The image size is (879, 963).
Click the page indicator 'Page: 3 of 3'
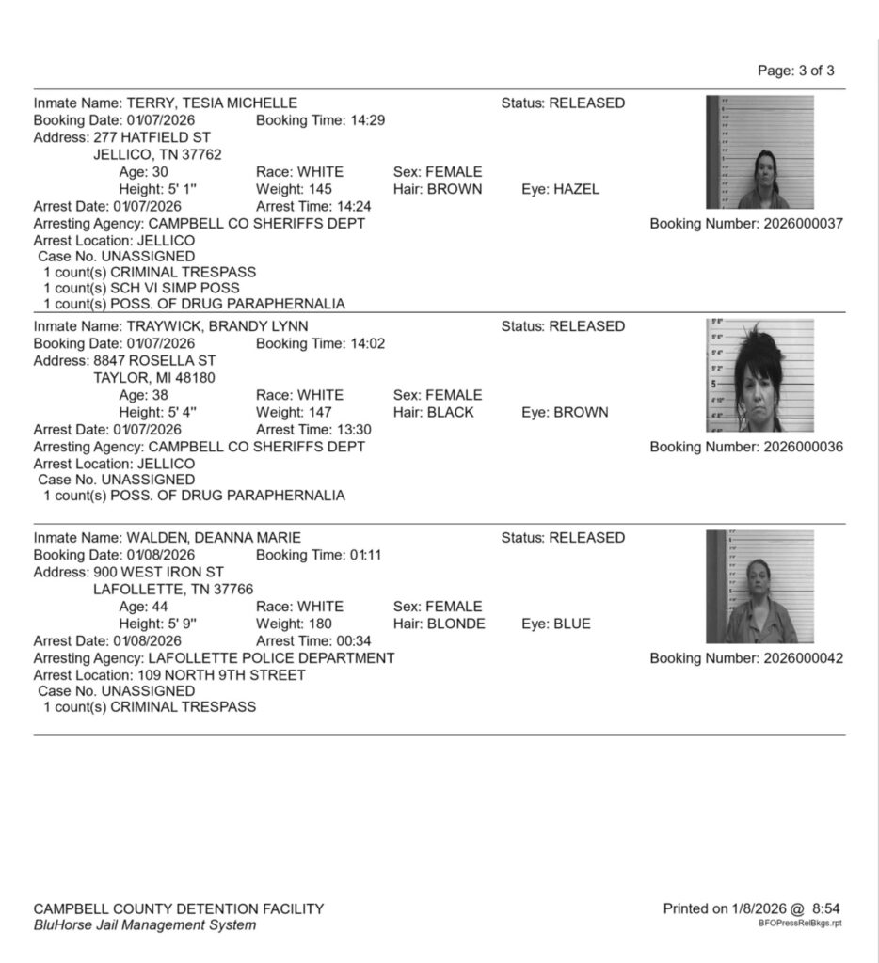pyautogui.click(x=795, y=71)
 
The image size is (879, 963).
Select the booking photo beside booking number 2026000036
pyautogui.click(x=759, y=375)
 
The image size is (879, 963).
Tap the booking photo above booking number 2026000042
pyautogui.click(x=759, y=587)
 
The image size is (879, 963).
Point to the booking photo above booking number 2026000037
pyautogui.click(x=759, y=151)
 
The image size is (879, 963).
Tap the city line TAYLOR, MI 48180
pyautogui.click(x=153, y=377)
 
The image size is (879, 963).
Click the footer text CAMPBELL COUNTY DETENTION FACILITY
pyautogui.click(x=179, y=908)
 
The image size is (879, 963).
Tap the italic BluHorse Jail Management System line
pyautogui.click(x=144, y=925)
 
